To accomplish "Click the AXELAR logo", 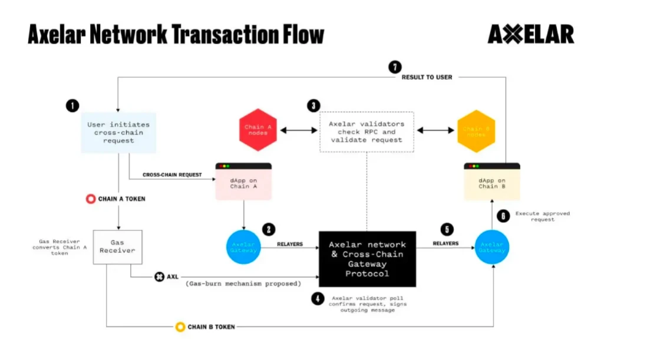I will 530,34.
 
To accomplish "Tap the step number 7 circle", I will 395,67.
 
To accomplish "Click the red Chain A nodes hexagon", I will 257,130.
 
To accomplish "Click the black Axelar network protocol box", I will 367,259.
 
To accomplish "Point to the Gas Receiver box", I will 117,246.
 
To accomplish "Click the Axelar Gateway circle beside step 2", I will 243,248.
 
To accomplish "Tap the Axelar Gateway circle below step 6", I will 491,248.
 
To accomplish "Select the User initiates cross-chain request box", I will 118,133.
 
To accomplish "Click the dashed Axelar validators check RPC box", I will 367,132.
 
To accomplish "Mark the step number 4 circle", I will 318,299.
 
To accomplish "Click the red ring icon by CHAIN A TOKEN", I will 91,199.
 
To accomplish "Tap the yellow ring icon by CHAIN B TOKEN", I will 180,326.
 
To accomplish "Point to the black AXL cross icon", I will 159,276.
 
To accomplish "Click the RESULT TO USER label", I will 427,77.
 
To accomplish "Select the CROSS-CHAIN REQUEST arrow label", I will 172,175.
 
